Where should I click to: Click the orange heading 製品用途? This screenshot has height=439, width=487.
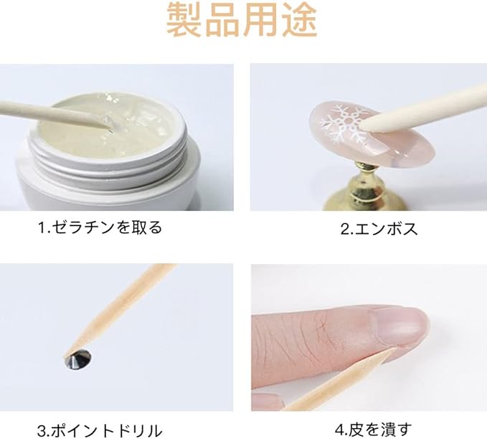click(x=242, y=19)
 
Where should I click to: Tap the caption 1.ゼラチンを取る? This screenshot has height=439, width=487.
click(x=100, y=227)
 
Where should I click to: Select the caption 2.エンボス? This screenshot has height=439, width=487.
click(x=379, y=229)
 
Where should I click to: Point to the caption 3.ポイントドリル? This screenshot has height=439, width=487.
click(x=100, y=430)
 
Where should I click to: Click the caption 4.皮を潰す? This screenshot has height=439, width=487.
click(x=374, y=430)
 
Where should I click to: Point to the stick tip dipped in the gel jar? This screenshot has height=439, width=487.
click(x=108, y=123)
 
